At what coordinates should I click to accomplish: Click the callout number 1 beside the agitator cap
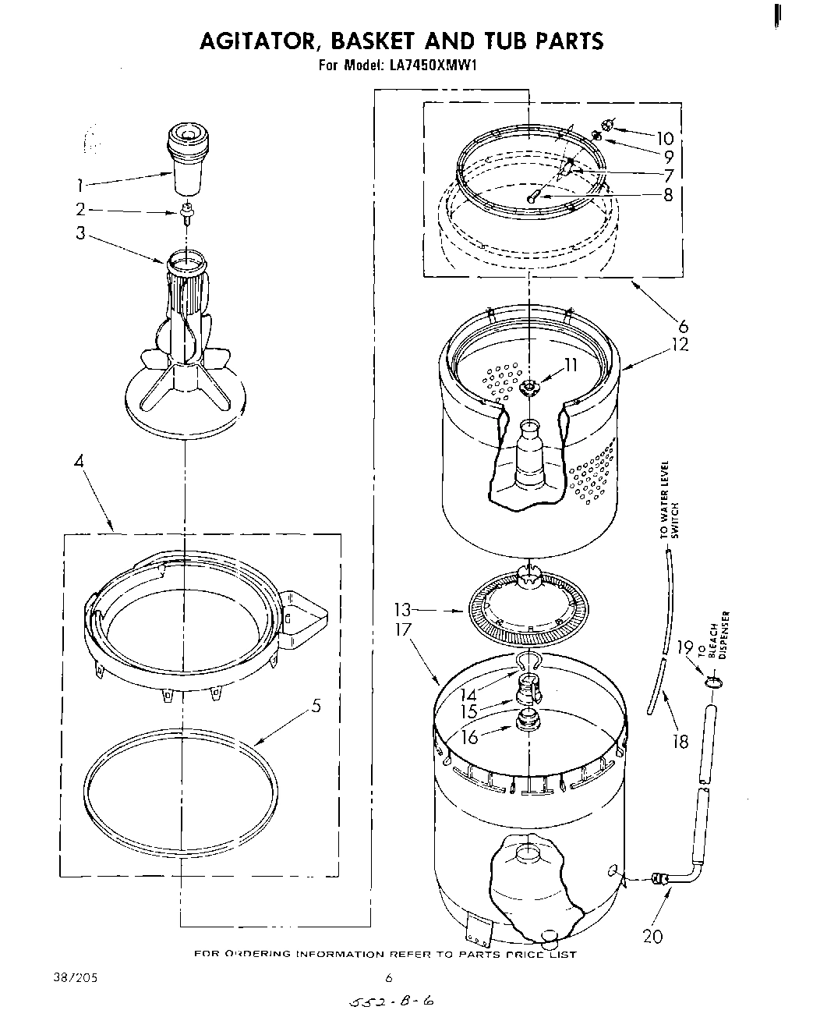79,185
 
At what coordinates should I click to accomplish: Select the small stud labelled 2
186,211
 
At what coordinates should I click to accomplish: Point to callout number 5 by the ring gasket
315,707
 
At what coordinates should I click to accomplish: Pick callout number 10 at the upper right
664,139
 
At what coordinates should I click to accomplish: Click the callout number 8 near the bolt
667,195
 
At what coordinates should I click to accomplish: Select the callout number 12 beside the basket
680,344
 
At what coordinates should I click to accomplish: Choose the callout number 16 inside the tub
470,735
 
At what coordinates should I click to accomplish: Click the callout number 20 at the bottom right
652,936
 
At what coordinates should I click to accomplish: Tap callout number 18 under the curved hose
680,741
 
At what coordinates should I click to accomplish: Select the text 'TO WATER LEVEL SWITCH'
670,499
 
